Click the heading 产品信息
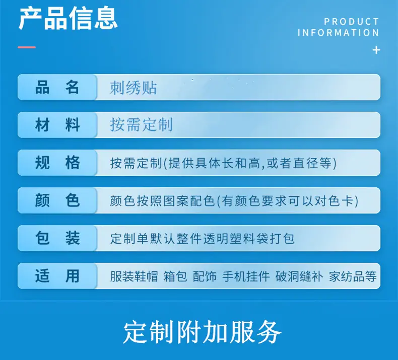[68, 18]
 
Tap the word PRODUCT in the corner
[352, 22]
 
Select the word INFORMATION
[339, 33]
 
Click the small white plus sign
[376, 50]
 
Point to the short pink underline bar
[27, 47]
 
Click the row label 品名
[57, 87]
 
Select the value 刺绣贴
[134, 88]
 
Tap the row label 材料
[57, 125]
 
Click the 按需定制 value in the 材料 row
[141, 124]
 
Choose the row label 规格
[57, 163]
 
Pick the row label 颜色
[57, 200]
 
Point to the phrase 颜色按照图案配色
[163, 201]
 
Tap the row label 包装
[57, 238]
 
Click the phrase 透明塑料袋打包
[249, 239]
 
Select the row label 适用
[57, 276]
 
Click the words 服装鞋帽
[134, 276]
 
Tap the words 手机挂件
[246, 276]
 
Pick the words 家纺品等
[353, 276]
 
